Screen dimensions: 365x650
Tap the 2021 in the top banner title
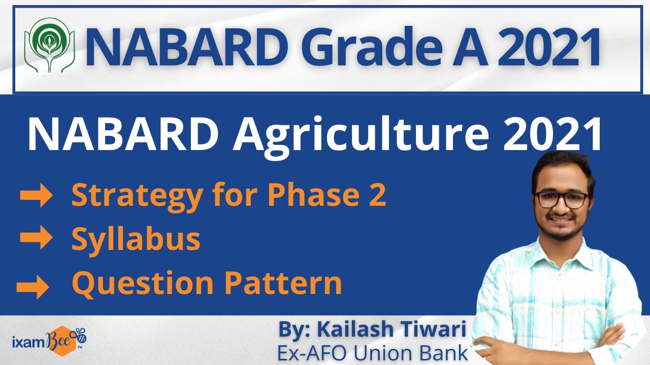pyautogui.click(x=543, y=47)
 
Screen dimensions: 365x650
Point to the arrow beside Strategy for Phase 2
pyautogui.click(x=36, y=196)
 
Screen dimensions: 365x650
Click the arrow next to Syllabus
pyautogui.click(x=36, y=239)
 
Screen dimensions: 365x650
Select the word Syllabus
pyautogui.click(x=136, y=240)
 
